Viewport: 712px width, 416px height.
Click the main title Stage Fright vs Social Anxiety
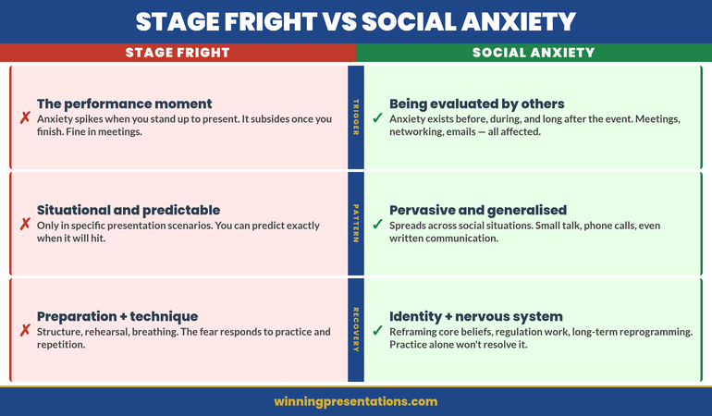356,21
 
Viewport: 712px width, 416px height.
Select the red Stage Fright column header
178,53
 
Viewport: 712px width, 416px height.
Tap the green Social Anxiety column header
534,53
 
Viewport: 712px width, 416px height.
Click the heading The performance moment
124,104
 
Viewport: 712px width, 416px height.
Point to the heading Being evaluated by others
476,104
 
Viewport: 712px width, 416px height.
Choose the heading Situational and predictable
129,210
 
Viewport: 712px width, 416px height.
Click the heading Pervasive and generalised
478,210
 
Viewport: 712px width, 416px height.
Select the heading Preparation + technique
117,316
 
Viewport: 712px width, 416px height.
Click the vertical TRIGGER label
356,117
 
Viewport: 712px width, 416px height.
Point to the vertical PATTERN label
356,224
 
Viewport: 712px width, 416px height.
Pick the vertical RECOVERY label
356,330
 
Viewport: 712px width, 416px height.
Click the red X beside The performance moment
25,118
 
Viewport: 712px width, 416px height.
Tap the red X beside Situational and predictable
25,225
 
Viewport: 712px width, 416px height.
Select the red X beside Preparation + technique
25,331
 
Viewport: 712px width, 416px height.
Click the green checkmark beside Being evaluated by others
377,118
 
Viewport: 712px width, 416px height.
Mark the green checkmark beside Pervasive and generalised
377,225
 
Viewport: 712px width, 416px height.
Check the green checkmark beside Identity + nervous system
377,331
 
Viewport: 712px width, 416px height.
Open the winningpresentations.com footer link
356,401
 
